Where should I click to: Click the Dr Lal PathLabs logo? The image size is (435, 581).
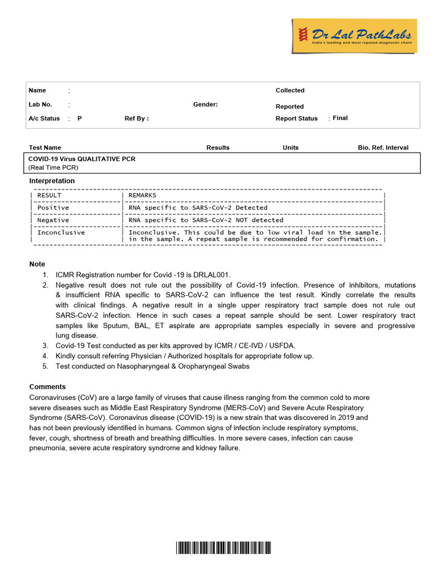354,36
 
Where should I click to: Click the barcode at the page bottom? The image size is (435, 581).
223,548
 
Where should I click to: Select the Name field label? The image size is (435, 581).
37,90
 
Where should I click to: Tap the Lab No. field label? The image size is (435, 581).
40,104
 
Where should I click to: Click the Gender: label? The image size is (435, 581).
205,104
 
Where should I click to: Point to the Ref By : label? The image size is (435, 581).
137,119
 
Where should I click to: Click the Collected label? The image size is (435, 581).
290,90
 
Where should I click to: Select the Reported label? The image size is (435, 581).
289,107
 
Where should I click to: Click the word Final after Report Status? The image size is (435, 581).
340,118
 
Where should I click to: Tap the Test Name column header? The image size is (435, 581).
45,148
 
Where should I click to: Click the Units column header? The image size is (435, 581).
291,148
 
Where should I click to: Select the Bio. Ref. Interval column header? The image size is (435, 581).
383,148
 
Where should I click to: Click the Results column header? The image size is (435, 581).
218,148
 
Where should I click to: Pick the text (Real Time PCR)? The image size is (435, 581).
53,167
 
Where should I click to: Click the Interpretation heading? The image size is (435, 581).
52,181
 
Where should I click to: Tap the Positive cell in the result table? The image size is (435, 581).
53,208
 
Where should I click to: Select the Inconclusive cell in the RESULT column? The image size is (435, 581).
61,232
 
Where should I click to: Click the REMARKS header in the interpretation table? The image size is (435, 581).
143,195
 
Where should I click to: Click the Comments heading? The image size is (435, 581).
48,387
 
